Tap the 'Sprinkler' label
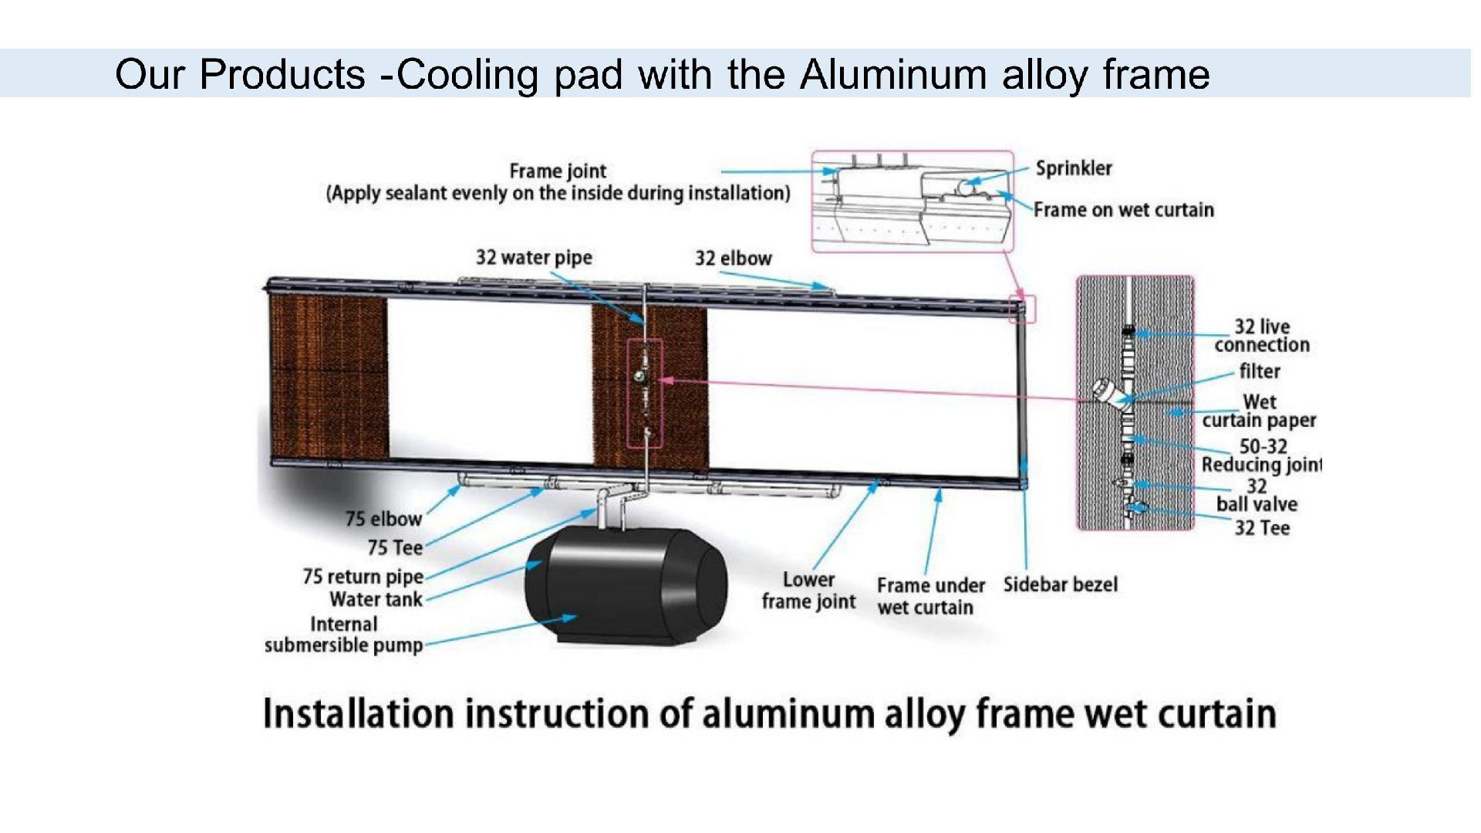1073,168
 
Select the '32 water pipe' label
533,257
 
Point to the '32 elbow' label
733,259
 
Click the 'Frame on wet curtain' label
1123,210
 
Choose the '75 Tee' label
395,548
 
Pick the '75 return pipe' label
363,577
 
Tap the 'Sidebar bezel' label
1060,584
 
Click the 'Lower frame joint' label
808,591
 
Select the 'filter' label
1259,371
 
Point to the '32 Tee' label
1261,528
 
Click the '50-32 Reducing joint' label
1261,455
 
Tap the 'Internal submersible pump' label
343,635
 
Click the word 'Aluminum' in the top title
892,75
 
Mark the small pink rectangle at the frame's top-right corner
1023,309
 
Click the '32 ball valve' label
1257,496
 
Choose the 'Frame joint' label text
558,171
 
